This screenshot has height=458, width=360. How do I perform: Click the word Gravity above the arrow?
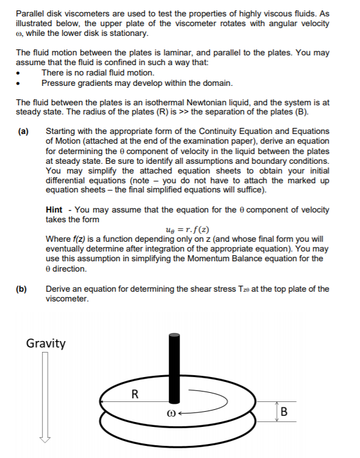click(x=46, y=343)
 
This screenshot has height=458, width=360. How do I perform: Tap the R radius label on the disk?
click(x=135, y=393)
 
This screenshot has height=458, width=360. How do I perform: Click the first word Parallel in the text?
click(x=30, y=13)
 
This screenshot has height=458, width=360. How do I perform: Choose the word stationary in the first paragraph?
click(x=127, y=33)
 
